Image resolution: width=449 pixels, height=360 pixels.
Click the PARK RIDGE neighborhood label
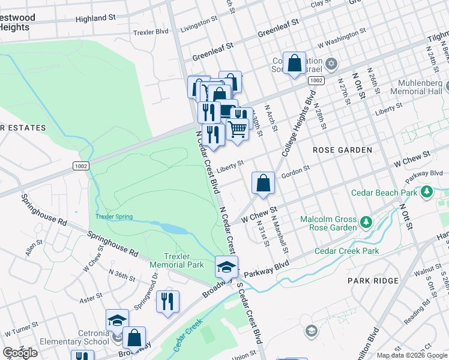coord(373,281)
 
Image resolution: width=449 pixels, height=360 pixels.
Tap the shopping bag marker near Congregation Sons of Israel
coord(294,63)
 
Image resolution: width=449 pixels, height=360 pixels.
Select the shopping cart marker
coord(238,128)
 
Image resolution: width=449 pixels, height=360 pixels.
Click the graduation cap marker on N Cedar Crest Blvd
coord(227,266)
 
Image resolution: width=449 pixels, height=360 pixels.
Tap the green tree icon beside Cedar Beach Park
coord(427,192)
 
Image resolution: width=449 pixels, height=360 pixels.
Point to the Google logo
coord(20,353)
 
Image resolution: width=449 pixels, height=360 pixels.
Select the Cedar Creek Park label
coord(346,251)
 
